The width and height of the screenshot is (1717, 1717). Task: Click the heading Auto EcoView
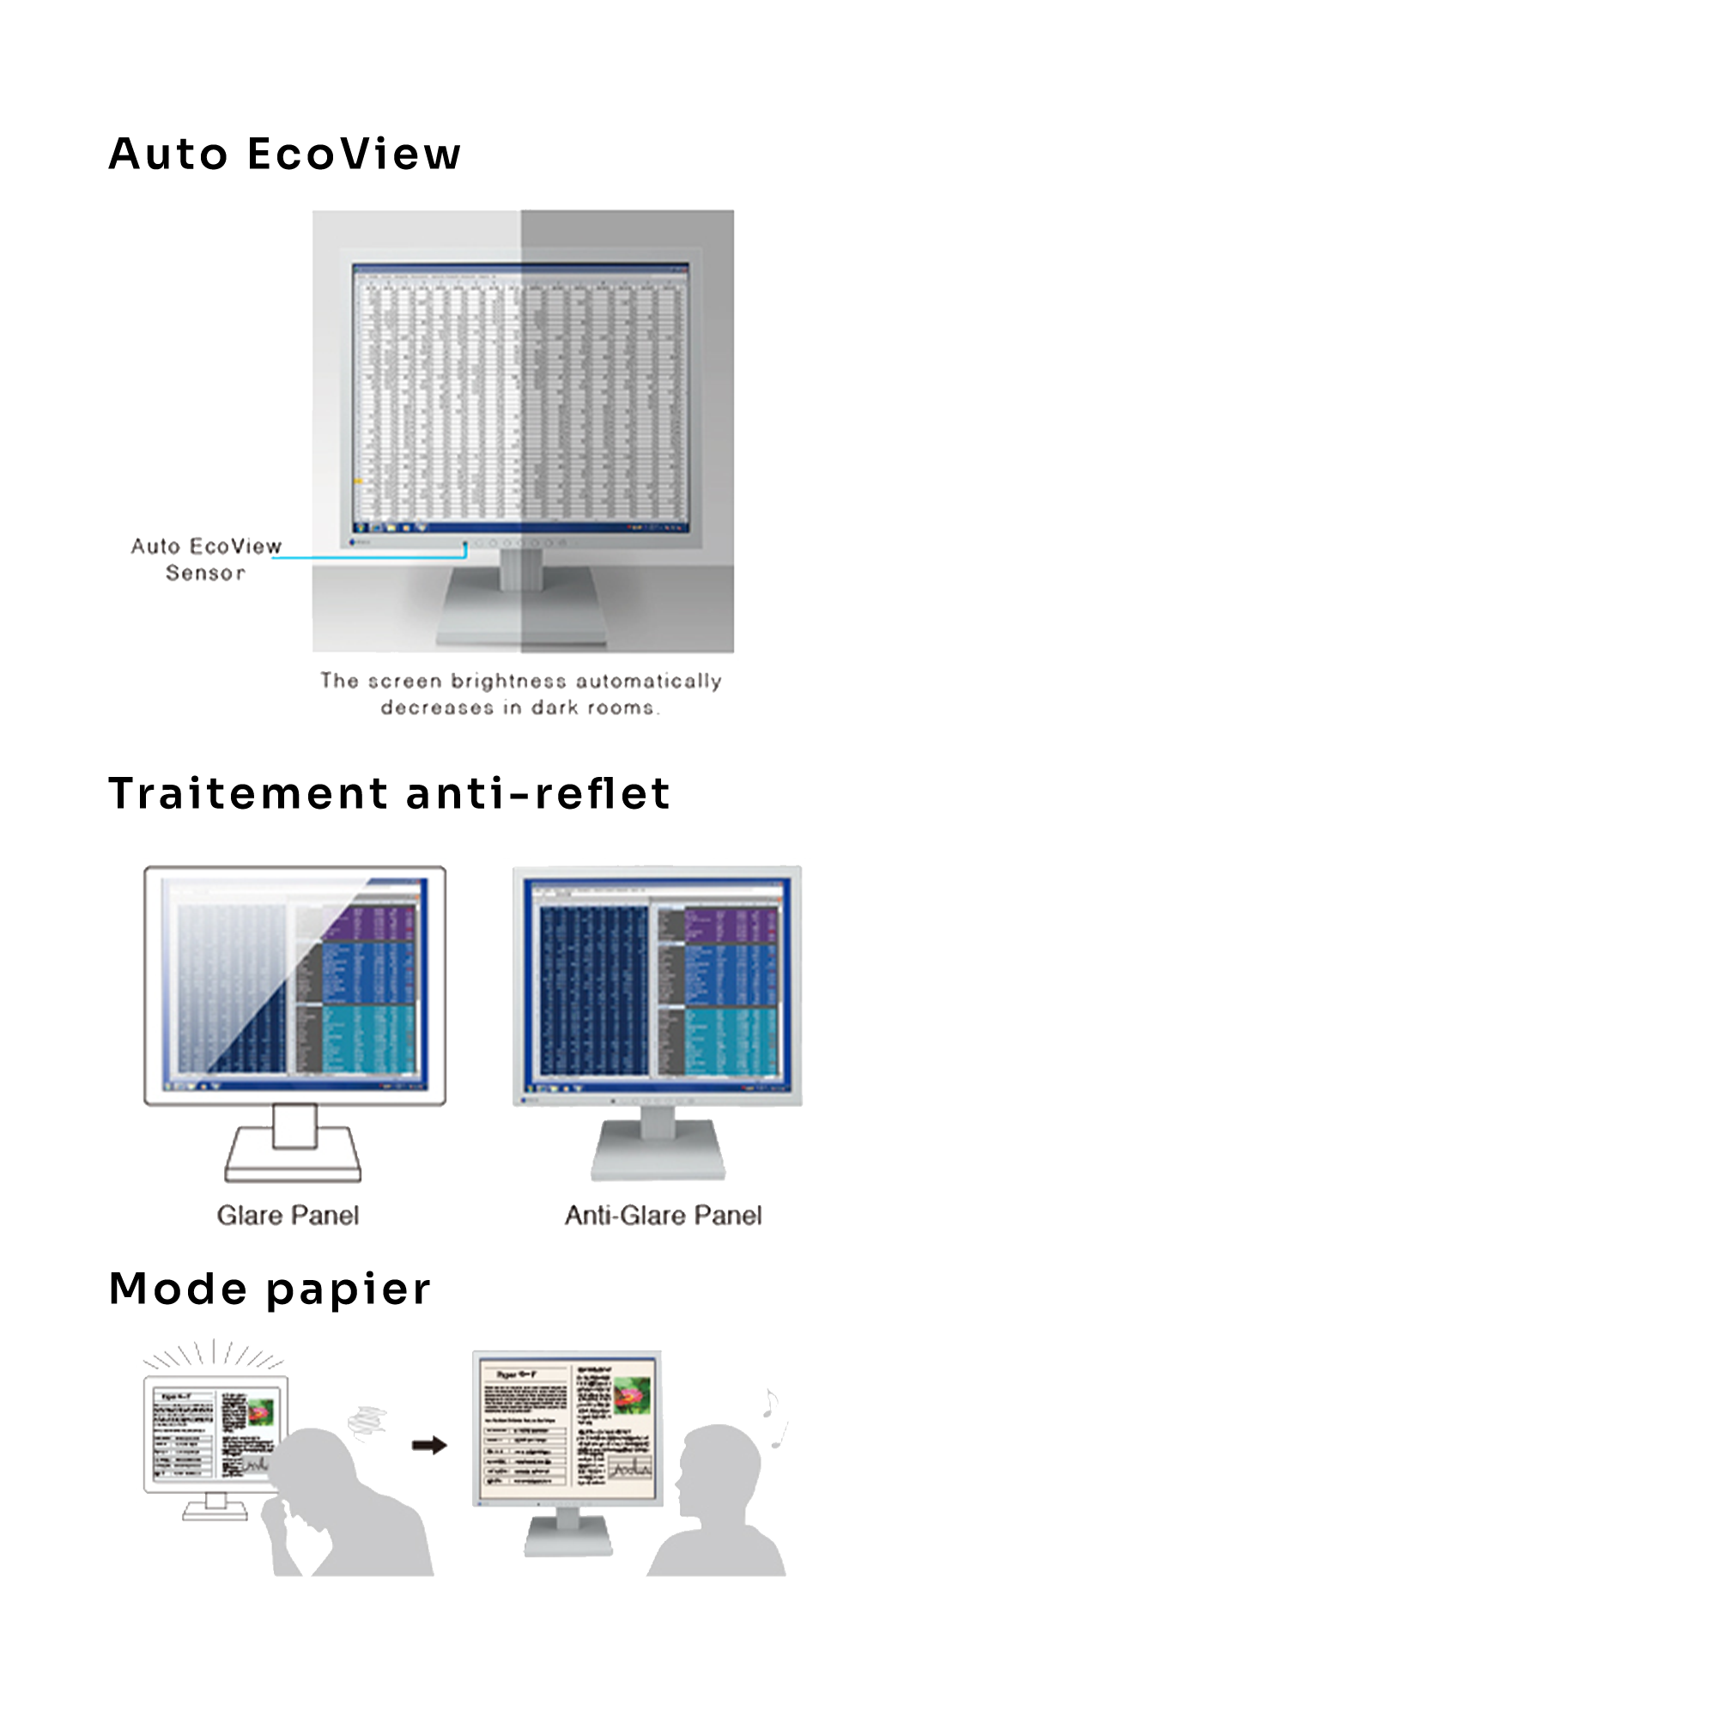(x=284, y=154)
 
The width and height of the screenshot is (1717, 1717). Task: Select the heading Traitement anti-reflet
(x=388, y=792)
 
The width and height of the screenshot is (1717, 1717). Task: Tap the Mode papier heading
(x=270, y=1289)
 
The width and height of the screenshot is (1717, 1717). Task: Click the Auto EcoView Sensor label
(x=205, y=559)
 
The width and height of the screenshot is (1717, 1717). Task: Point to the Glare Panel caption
(x=288, y=1215)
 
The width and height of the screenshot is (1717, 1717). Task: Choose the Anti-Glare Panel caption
(x=663, y=1215)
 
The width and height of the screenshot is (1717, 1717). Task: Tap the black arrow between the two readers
(x=429, y=1445)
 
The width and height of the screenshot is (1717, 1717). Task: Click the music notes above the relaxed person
(x=774, y=1417)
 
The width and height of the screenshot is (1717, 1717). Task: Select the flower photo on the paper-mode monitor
(x=632, y=1396)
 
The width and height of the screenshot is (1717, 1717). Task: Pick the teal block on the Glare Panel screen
(x=368, y=1037)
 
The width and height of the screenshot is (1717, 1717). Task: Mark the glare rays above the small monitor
(x=213, y=1356)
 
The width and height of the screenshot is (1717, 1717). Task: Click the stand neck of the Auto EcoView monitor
(x=520, y=569)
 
